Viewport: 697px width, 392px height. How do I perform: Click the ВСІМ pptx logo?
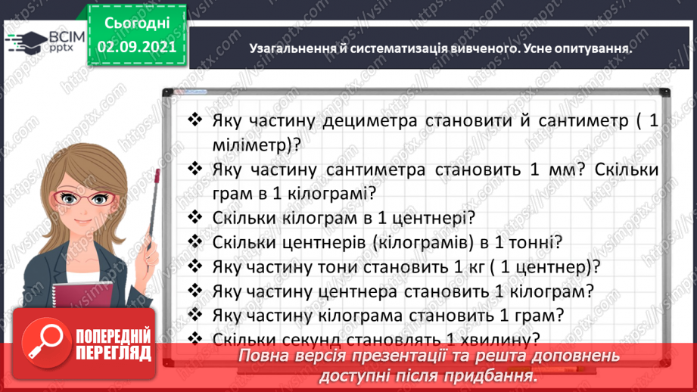(37, 40)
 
